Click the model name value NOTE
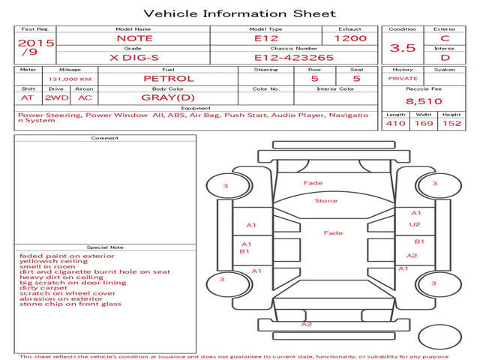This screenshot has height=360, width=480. pos(135,38)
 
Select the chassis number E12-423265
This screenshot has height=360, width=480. pos(294,58)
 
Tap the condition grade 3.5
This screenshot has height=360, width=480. pos(403,48)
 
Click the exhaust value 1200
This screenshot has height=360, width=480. pos(350,38)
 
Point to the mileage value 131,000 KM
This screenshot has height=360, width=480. pos(70,79)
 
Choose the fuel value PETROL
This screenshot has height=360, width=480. pos(169,79)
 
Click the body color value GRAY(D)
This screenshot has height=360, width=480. pos(168,97)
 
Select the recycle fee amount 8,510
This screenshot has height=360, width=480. pos(424,101)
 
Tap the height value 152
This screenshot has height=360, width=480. pos(451,123)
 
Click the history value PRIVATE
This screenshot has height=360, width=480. pos(403,79)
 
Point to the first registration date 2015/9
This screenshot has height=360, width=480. pos(36,46)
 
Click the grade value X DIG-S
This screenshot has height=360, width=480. pos(134,58)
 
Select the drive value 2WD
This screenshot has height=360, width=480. pos(57,98)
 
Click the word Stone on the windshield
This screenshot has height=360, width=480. pos(326,201)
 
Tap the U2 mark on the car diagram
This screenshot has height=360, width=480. pos(415,224)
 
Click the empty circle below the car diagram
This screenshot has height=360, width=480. pos(439,337)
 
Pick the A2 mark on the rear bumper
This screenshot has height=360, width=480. pos(307,324)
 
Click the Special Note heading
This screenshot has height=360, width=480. pos(105,247)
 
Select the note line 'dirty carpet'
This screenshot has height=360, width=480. pos(43,288)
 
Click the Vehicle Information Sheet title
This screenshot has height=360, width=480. pos(240,13)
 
